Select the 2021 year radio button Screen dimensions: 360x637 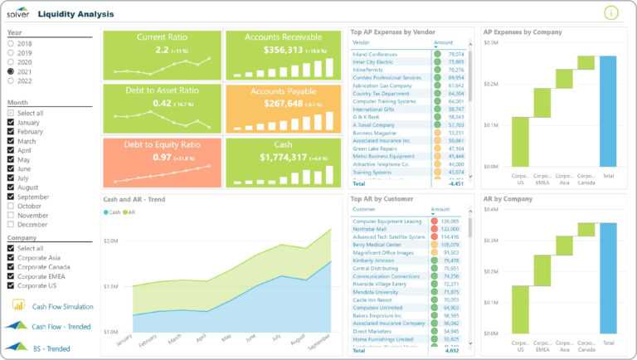12,72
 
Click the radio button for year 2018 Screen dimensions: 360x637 12,42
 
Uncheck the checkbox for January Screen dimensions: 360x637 12,123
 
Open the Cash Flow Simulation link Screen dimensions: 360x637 62,306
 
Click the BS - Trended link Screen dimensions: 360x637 51,348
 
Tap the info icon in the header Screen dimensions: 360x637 611,12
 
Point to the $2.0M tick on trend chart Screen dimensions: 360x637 110,241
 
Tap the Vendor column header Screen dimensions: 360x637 362,42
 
